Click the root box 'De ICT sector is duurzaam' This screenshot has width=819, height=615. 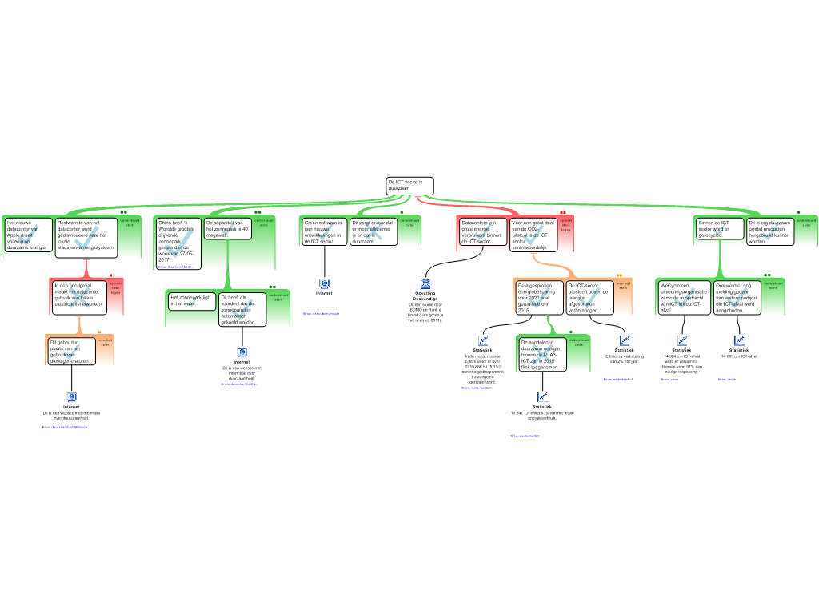click(x=409, y=186)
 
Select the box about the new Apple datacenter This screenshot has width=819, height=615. click(x=28, y=235)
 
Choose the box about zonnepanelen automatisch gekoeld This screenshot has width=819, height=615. click(x=242, y=310)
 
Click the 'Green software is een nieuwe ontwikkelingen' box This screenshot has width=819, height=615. click(x=324, y=231)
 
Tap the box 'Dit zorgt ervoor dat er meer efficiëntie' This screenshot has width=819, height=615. click(x=374, y=231)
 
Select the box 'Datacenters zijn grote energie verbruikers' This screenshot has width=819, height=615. click(x=481, y=231)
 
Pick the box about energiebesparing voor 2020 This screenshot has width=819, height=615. click(x=537, y=297)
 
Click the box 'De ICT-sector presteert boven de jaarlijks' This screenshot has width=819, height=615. click(x=589, y=297)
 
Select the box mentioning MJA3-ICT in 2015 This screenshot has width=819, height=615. click(x=541, y=354)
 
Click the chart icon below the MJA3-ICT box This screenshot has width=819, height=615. click(x=542, y=396)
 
